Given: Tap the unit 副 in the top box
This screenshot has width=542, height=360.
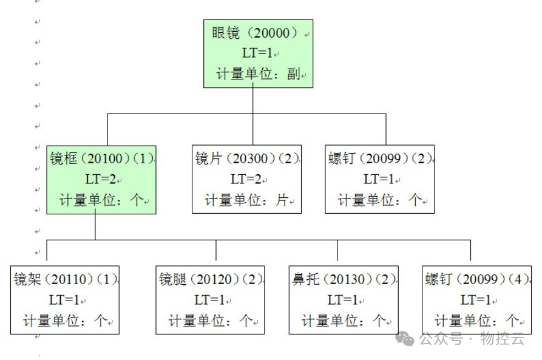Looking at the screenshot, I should pyautogui.click(x=294, y=75).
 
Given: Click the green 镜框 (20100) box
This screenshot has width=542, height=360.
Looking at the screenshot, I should pyautogui.click(x=101, y=180).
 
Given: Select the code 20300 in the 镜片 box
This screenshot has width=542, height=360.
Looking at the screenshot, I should pyautogui.click(x=249, y=159).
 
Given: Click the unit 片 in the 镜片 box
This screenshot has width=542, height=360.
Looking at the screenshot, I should pyautogui.click(x=282, y=200).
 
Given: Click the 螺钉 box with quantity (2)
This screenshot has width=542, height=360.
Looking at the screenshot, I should pyautogui.click(x=380, y=180).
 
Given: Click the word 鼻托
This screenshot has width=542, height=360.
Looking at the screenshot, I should pyautogui.click(x=306, y=280).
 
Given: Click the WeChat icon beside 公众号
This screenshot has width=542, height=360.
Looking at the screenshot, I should pyautogui.click(x=405, y=338).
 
